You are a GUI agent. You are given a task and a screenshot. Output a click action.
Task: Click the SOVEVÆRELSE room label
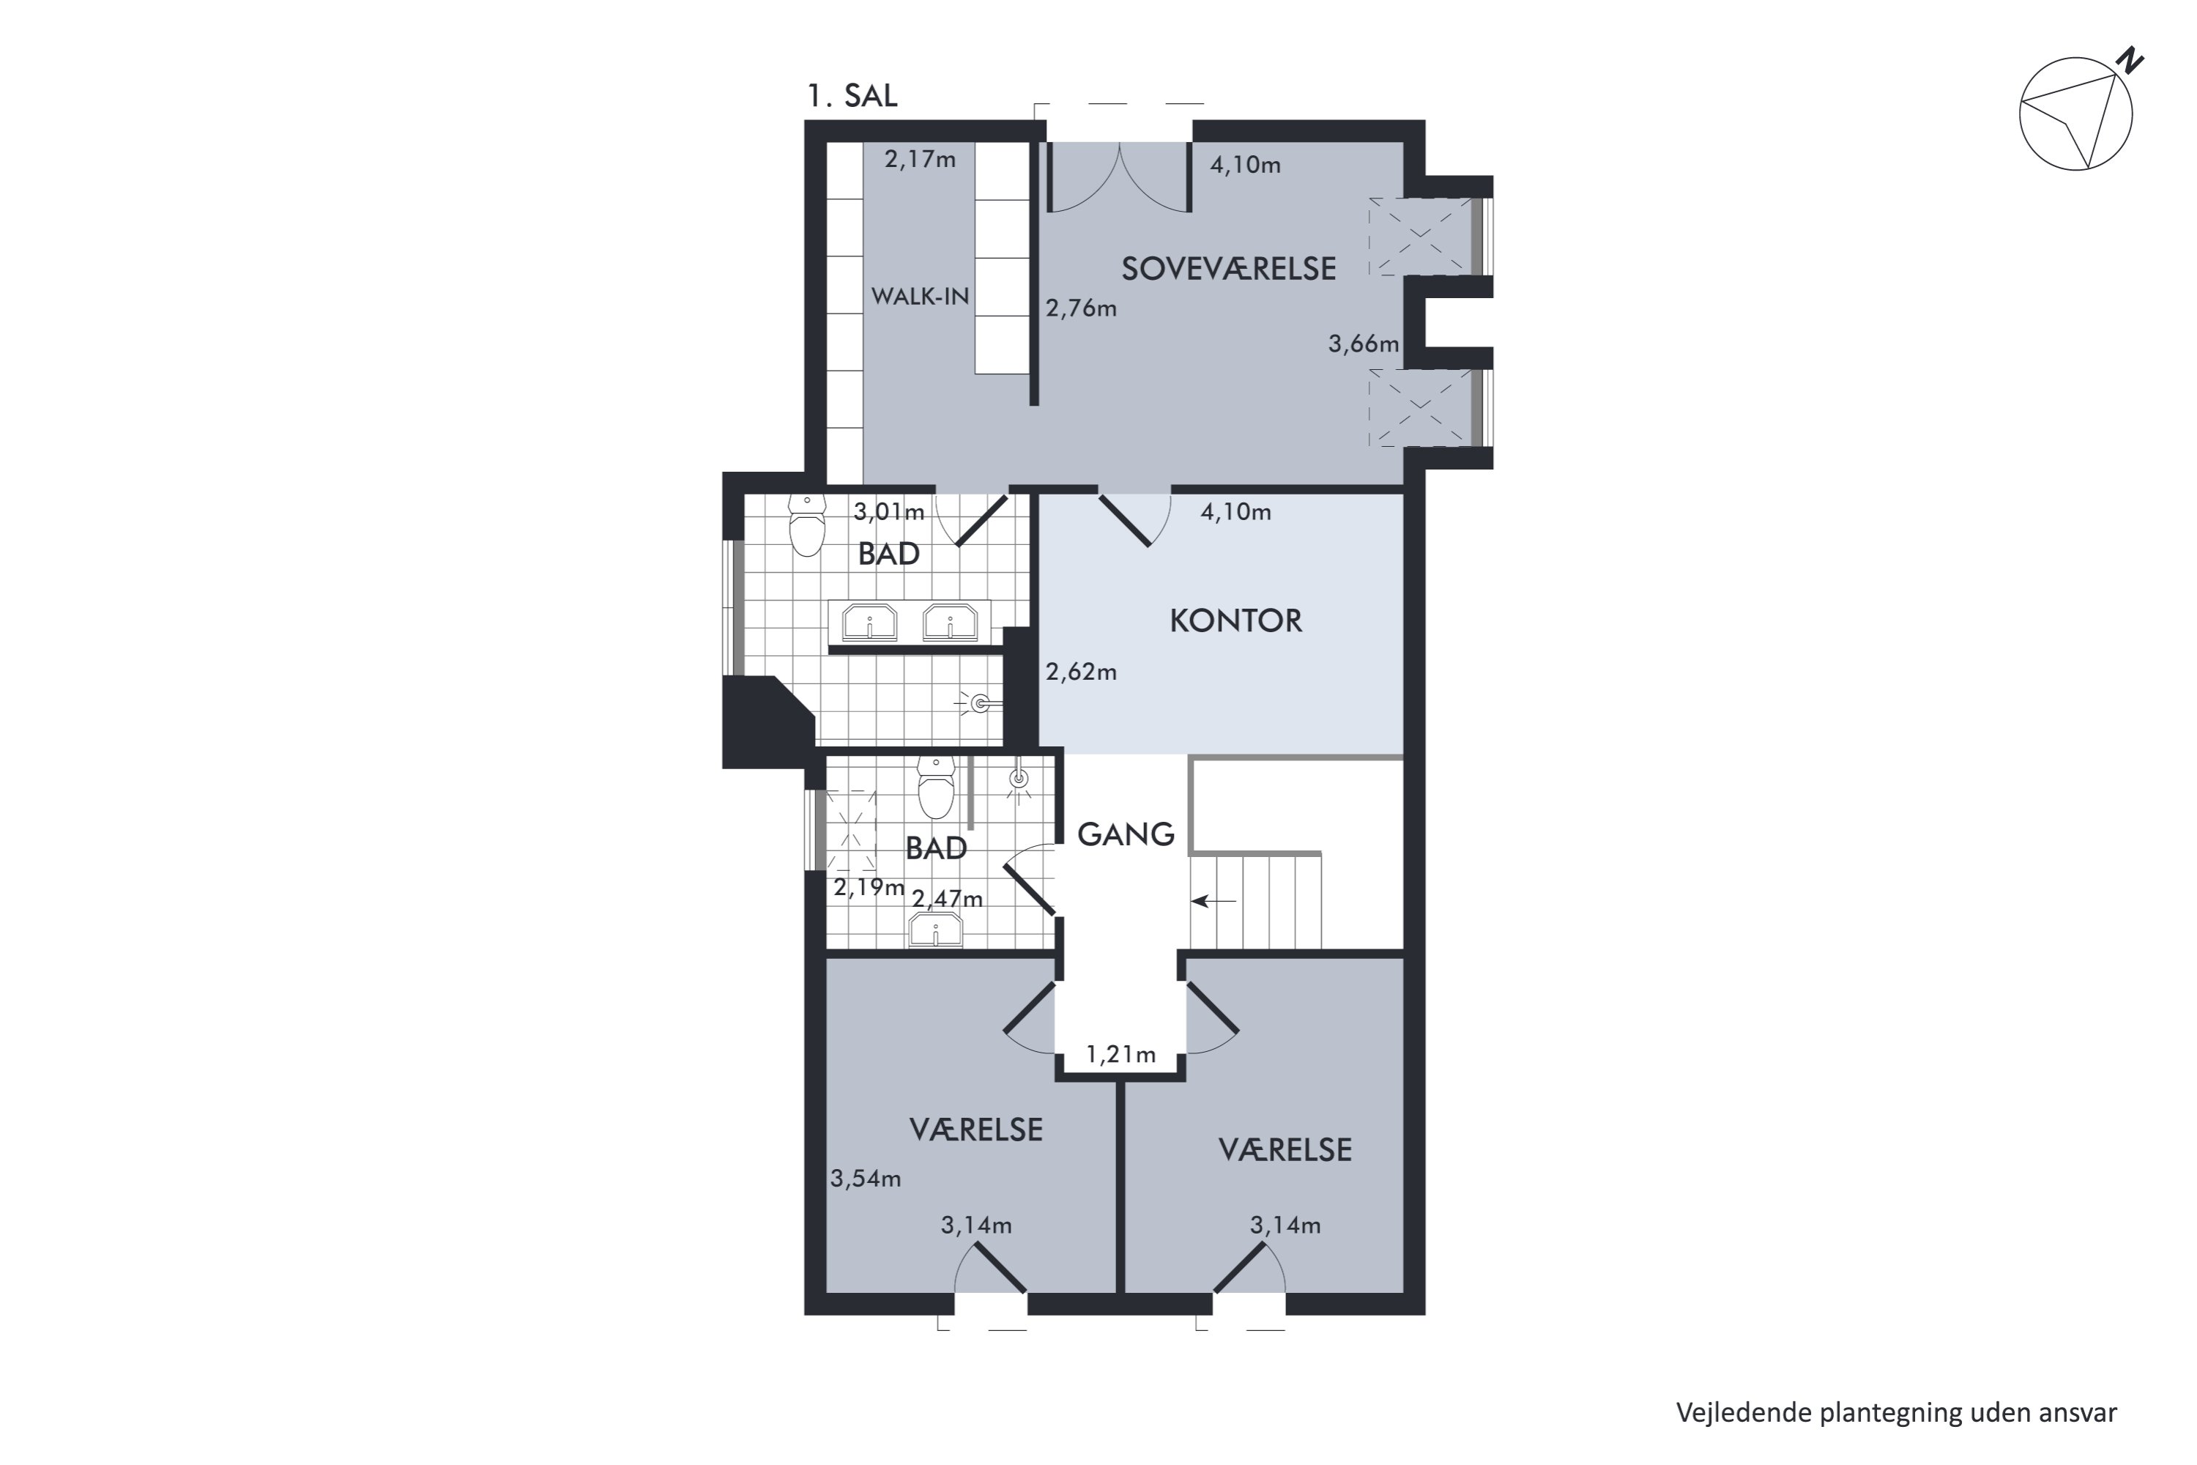(1228, 269)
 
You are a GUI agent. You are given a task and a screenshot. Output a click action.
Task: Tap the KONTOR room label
(1236, 621)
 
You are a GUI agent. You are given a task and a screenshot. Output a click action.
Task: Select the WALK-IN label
(920, 296)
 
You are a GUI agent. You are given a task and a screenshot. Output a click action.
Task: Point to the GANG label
(1126, 834)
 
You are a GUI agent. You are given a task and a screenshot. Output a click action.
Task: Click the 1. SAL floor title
(852, 95)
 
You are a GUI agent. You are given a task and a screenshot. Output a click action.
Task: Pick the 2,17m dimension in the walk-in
(920, 160)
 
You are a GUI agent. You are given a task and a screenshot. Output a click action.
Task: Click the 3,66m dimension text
(1364, 344)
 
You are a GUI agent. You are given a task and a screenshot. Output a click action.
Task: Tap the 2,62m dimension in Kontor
(1081, 672)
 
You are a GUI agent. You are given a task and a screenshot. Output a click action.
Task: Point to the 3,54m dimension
(866, 1179)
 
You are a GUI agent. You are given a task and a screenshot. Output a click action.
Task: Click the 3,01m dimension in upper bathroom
(888, 512)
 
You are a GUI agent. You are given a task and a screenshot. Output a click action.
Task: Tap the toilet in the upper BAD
(807, 525)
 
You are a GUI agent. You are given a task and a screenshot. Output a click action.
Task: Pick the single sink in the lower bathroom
(936, 930)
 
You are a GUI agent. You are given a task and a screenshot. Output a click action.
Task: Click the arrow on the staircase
(1213, 902)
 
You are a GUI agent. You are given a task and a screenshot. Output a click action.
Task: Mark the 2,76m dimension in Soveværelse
(1081, 308)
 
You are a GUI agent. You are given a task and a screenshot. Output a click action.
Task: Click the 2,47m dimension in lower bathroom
(947, 899)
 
